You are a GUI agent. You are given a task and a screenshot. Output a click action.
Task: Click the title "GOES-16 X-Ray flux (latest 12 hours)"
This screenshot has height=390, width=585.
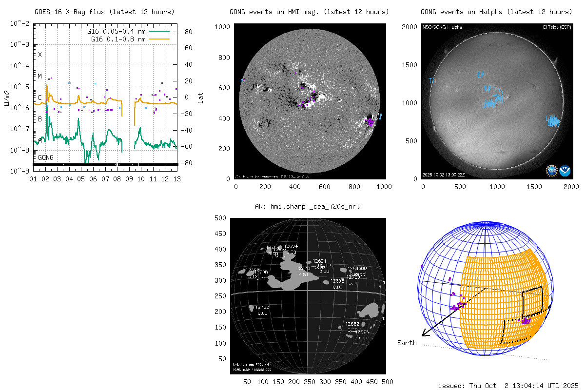pos(104,12)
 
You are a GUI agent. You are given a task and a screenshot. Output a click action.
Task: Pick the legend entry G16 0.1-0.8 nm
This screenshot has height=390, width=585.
pos(118,38)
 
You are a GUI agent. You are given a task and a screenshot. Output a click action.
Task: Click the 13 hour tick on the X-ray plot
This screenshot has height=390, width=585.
pos(177,179)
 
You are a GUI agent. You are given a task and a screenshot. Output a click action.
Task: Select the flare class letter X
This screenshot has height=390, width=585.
pos(40,55)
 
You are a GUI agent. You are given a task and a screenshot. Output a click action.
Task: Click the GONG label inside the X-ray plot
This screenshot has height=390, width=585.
pos(46,157)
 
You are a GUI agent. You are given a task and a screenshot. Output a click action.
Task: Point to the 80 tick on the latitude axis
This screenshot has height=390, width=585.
pos(188,32)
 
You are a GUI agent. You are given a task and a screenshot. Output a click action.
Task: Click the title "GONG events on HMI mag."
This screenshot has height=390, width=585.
pos(309,12)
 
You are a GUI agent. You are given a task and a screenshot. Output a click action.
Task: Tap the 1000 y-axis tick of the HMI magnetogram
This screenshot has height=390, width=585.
pos(223,27)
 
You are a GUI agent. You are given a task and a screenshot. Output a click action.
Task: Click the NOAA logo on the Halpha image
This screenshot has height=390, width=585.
pos(565,170)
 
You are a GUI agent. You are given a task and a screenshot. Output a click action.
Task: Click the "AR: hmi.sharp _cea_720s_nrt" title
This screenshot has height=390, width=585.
pos(307,207)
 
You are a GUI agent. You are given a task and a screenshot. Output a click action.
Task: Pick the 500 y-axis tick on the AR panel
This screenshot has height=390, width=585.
pos(221,218)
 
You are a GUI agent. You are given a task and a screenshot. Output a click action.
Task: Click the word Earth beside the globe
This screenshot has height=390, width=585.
pos(407,343)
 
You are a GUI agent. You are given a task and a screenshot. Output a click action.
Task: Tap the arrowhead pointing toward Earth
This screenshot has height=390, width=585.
pos(424,333)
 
